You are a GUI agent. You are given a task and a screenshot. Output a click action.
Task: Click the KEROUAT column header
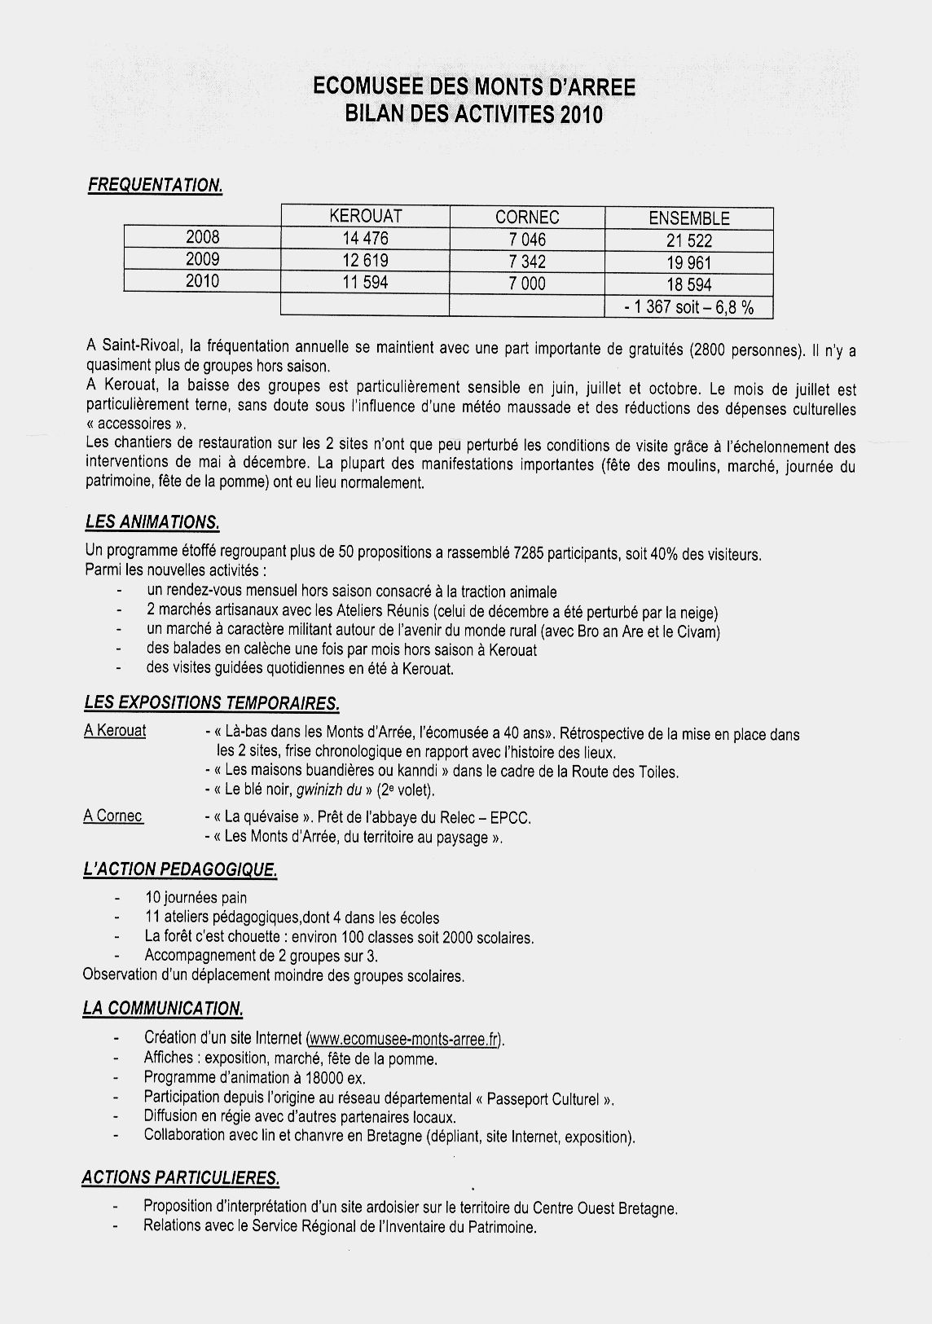(365, 217)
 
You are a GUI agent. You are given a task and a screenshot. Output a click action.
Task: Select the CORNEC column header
(527, 218)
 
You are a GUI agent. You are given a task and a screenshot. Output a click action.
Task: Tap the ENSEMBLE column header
(688, 218)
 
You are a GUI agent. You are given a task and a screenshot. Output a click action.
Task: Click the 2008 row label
(203, 237)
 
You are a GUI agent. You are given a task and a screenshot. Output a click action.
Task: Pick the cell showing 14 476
(365, 239)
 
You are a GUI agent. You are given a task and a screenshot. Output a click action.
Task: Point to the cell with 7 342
(527, 262)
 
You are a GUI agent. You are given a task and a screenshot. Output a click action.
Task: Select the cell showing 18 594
(688, 284)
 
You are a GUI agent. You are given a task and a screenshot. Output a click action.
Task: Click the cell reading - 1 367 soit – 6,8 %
(688, 307)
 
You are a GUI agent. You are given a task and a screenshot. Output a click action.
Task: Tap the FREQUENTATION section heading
(155, 186)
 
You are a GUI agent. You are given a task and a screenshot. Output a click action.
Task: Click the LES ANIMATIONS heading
(152, 522)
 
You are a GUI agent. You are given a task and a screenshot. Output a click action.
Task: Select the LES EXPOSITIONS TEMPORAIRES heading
(211, 702)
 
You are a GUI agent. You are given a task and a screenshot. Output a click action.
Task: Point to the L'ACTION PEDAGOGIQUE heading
(180, 870)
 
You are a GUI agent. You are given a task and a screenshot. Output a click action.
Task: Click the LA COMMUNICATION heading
(163, 1009)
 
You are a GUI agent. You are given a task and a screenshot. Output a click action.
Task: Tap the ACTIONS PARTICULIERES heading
(181, 1177)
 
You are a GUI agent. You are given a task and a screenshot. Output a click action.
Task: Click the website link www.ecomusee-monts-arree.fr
(405, 1039)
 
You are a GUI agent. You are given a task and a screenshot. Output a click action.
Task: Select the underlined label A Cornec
(113, 816)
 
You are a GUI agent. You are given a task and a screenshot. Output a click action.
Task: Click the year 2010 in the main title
(581, 115)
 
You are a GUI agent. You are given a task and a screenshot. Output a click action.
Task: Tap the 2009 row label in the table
(203, 259)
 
